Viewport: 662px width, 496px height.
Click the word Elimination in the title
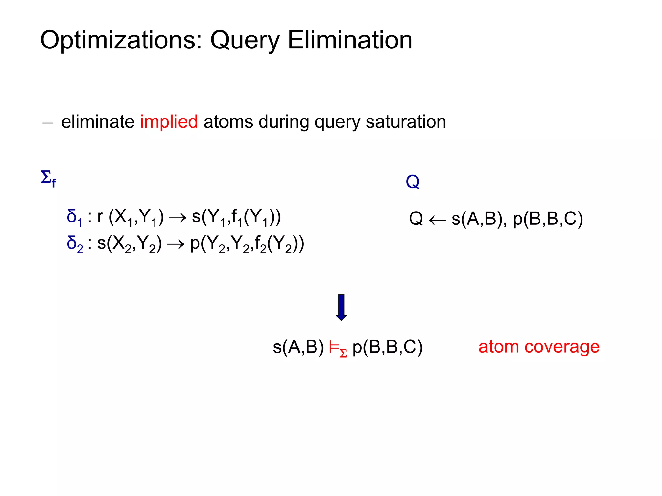coord(350,40)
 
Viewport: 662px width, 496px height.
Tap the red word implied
coord(169,122)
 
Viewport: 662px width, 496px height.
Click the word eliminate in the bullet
coord(98,122)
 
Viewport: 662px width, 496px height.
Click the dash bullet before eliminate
coord(48,123)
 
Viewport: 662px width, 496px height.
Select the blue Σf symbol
coord(48,178)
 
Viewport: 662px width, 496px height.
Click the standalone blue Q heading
coord(412,181)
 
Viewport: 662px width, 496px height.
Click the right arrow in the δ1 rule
coord(178,218)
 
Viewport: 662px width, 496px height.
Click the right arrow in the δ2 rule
coord(176,244)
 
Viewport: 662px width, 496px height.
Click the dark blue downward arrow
coord(341,307)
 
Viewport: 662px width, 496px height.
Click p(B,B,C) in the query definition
coord(548,219)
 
